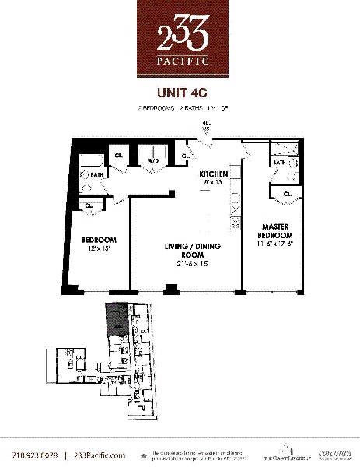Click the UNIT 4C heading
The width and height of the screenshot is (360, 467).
180,91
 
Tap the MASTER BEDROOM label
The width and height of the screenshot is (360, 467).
275,231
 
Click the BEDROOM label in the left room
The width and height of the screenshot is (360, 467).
99,239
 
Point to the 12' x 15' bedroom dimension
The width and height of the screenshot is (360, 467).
99,249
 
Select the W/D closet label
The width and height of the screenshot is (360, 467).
152,161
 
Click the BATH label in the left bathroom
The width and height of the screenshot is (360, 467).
98,176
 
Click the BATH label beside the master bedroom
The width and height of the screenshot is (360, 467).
278,163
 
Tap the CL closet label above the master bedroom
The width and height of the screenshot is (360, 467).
287,194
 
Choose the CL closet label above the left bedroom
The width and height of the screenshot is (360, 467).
89,205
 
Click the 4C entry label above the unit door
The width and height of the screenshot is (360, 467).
206,123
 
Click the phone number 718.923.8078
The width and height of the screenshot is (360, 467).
35,455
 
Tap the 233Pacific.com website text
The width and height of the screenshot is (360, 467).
99,455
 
